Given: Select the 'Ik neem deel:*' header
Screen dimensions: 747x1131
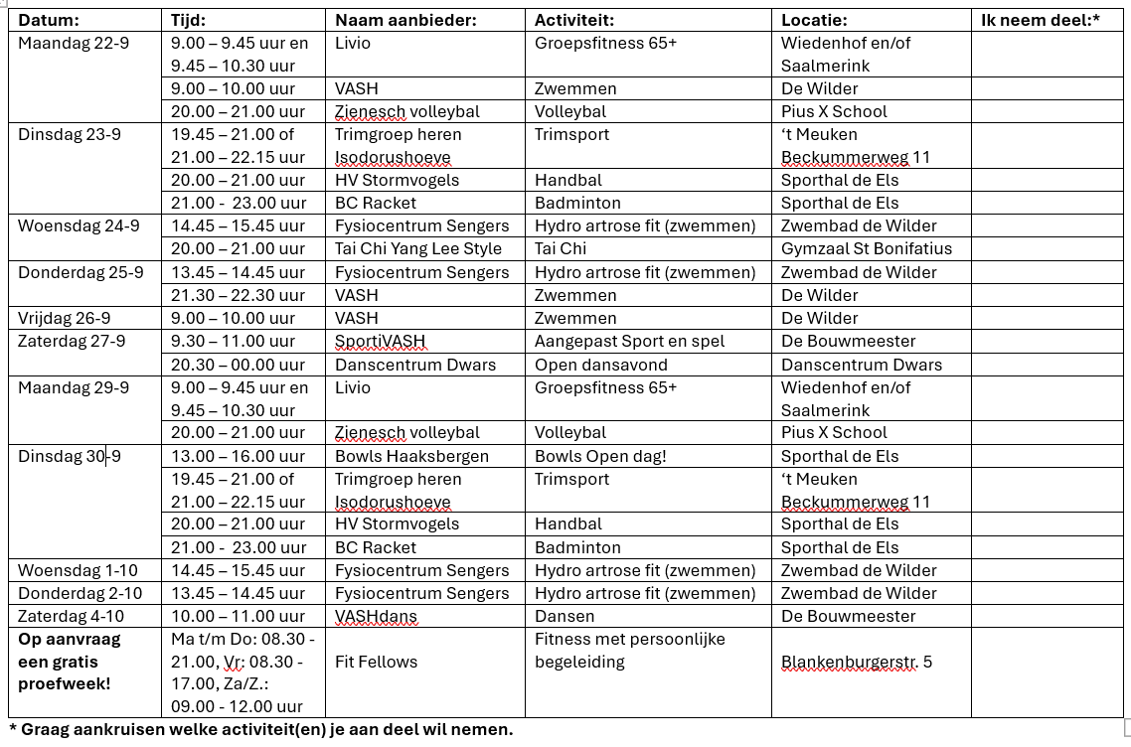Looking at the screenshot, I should (x=1040, y=20).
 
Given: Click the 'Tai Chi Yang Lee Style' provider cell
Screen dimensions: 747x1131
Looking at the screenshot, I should (x=418, y=248).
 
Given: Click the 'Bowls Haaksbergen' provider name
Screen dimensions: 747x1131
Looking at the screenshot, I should (x=411, y=456).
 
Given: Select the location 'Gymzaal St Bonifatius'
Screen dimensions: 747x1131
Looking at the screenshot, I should (x=867, y=248).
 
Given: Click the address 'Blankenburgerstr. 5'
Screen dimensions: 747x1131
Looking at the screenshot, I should (x=857, y=662).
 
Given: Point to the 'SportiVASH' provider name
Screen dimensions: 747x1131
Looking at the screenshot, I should (x=380, y=341).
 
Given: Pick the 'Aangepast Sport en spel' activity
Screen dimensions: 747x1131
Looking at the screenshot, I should (x=629, y=341).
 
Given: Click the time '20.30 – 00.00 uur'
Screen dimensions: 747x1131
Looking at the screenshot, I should (x=238, y=365).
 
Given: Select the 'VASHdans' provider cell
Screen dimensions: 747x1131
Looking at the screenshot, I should (x=376, y=616).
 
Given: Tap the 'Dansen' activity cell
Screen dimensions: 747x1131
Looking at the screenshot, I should (x=565, y=616).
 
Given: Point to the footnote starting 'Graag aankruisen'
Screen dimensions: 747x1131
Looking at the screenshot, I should (x=260, y=729).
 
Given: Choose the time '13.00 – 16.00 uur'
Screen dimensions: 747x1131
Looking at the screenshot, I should (x=238, y=456).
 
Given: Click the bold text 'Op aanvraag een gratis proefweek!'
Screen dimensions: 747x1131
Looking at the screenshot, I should (x=70, y=662).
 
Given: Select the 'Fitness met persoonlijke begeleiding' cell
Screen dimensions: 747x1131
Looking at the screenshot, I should (x=630, y=651).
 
